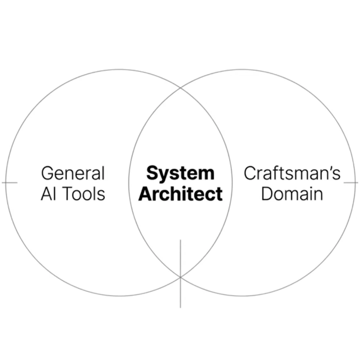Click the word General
pos(73,173)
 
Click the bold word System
pos(180,174)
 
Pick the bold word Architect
pos(180,194)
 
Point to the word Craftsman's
pos(292,173)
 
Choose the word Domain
pos(292,194)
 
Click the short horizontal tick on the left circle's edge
pos(10,183)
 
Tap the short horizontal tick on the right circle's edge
pos(351,183)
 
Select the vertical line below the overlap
pos(180,274)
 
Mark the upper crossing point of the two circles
pos(180,88)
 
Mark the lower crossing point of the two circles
pos(180,277)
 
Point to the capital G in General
pos(48,173)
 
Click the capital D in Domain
pos(267,194)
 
